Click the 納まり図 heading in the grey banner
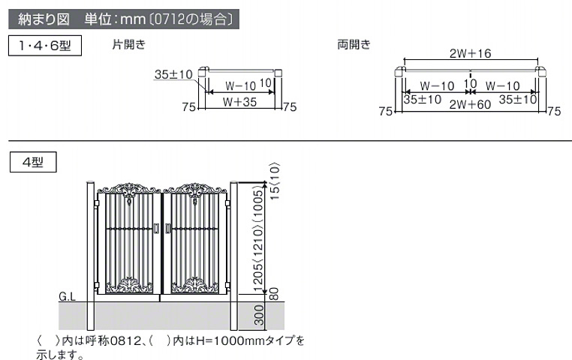pyautogui.click(x=44, y=19)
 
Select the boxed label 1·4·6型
pyautogui.click(x=45, y=46)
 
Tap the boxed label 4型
pyautogui.click(x=33, y=162)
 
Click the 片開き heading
pyautogui.click(x=129, y=44)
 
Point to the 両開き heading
pyautogui.click(x=354, y=44)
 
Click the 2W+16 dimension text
pyautogui.click(x=471, y=53)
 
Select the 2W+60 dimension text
pyautogui.click(x=470, y=104)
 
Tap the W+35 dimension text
pyautogui.click(x=240, y=102)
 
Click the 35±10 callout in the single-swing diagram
pyautogui.click(x=173, y=74)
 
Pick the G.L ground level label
pyautogui.click(x=67, y=297)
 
